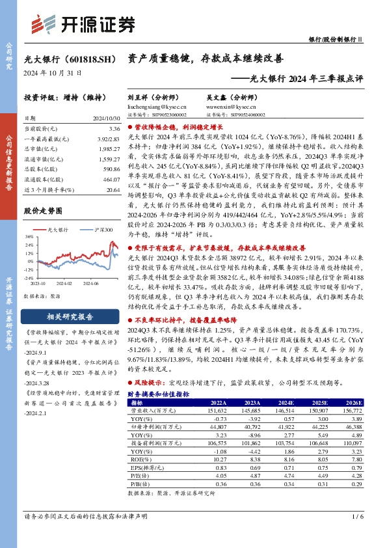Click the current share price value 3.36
click(114, 130)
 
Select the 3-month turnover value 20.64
click(113, 189)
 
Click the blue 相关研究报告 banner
click(72, 316)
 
